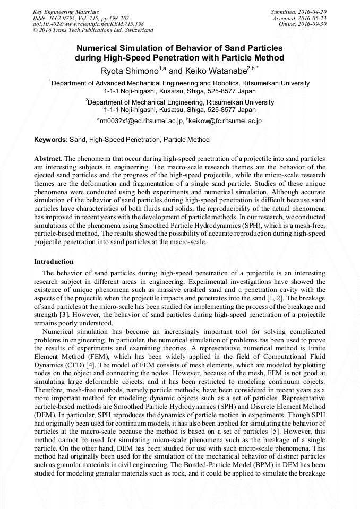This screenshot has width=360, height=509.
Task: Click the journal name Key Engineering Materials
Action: tap(66, 11)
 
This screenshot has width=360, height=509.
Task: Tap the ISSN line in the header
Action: tap(77, 18)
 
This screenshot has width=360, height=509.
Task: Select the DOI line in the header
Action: tap(88, 24)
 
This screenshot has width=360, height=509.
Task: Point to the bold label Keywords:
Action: tap(51, 140)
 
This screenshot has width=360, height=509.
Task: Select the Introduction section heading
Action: tap(54, 262)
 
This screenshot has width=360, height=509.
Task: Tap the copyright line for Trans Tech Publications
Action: tap(93, 30)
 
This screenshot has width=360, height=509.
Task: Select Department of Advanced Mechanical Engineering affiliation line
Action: tap(180, 83)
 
